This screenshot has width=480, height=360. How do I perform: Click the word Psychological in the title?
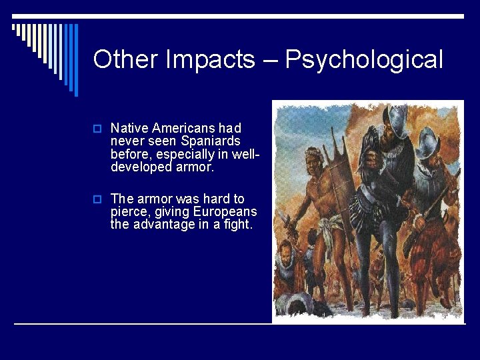click(x=364, y=60)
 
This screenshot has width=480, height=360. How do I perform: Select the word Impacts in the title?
click(x=209, y=60)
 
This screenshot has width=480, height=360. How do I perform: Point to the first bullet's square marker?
click(x=97, y=128)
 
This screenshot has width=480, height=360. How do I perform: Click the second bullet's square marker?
click(x=97, y=199)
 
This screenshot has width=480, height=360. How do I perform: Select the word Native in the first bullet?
click(x=129, y=127)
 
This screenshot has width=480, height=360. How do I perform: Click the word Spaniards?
click(x=209, y=141)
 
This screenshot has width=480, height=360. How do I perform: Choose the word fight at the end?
click(x=239, y=225)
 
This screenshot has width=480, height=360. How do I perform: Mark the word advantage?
click(x=168, y=225)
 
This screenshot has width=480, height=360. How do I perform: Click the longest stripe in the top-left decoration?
click(x=75, y=60)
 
